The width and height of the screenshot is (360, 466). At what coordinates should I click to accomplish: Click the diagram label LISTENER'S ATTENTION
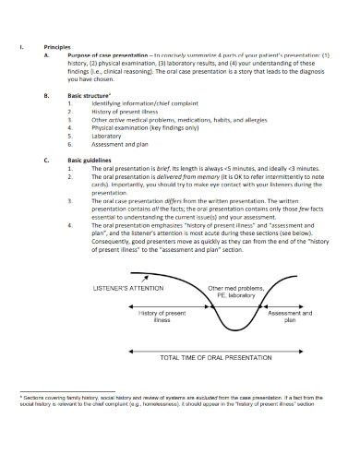[128, 288]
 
